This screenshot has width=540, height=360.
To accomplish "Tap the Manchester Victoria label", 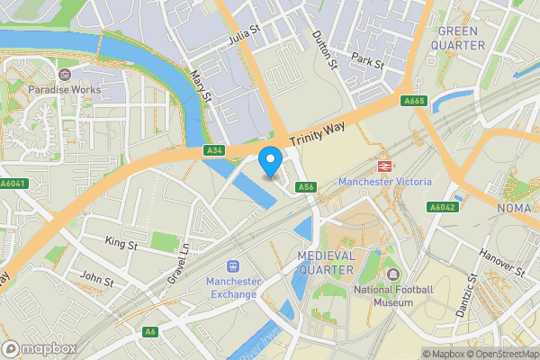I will [384, 183].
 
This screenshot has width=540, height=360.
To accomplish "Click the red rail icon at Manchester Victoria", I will [384, 166].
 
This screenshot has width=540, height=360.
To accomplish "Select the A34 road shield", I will [213, 150].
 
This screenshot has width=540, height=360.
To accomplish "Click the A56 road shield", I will [307, 187].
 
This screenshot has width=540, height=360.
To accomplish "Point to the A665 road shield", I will [414, 102].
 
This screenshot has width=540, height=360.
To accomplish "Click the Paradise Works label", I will [64, 90].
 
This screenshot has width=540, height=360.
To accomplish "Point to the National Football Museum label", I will [393, 296].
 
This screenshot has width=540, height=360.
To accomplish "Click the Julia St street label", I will [243, 36].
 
